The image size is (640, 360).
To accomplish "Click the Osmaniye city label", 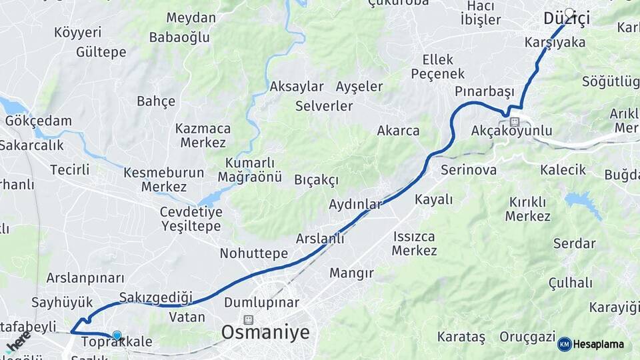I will click(265, 333).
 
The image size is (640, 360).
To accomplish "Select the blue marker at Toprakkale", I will click(117, 336).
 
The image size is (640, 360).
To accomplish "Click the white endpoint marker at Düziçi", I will click(569, 12).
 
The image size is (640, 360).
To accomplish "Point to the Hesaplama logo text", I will click(599, 345).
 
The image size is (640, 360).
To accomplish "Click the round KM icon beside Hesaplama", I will click(565, 345).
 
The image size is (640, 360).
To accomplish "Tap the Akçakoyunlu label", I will click(511, 130).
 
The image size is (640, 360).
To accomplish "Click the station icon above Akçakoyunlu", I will click(514, 121).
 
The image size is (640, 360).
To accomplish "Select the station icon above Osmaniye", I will click(249, 319).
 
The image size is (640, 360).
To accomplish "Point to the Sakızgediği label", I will click(155, 297).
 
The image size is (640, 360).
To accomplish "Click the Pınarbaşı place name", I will click(485, 91).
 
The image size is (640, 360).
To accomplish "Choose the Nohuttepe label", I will click(254, 253).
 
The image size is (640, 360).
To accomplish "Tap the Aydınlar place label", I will click(355, 204).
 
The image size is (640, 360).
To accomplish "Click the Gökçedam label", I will click(38, 121).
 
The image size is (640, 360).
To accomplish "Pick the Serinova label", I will click(469, 170).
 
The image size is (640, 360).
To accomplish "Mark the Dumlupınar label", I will click(261, 303).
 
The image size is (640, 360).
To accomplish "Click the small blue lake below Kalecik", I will click(580, 200).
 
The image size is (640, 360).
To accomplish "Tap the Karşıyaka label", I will click(555, 43).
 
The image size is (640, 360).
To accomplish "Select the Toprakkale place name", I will click(117, 343).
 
